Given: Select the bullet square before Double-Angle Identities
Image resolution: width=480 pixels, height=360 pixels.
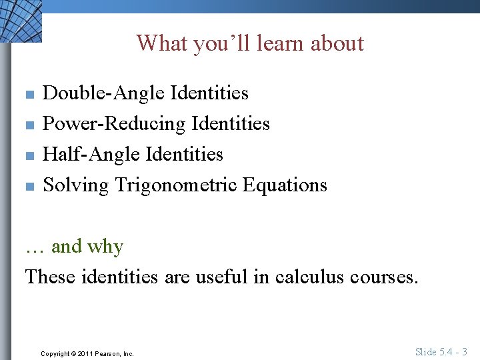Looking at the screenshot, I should (29, 94).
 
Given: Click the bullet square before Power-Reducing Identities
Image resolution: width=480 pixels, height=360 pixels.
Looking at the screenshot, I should (29, 125).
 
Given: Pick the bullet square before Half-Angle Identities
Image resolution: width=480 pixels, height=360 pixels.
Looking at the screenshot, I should (29, 155).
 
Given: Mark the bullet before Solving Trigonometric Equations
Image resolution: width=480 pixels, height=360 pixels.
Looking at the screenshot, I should (29, 186).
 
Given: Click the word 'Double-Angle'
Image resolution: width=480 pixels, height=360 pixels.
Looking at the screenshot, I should (103, 93).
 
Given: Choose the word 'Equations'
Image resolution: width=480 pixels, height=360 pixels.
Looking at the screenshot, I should (285, 185).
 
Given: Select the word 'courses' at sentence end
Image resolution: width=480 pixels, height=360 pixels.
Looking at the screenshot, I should (385, 277).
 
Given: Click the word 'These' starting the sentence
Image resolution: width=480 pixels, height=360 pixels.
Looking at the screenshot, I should (50, 277).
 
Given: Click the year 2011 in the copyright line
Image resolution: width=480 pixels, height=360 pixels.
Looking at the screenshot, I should (86, 353).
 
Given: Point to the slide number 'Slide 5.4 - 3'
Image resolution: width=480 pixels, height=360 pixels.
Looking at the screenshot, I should (441, 351).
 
